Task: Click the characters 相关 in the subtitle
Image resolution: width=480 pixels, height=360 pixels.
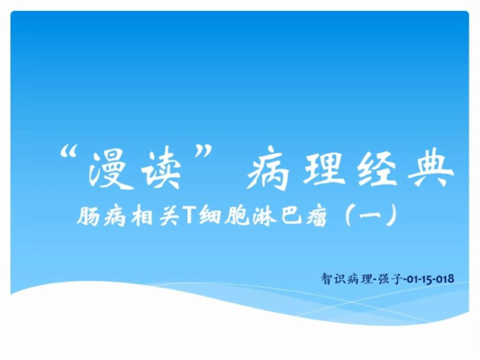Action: [x=155, y=216]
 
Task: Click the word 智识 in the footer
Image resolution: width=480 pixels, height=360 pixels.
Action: [x=334, y=279]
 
